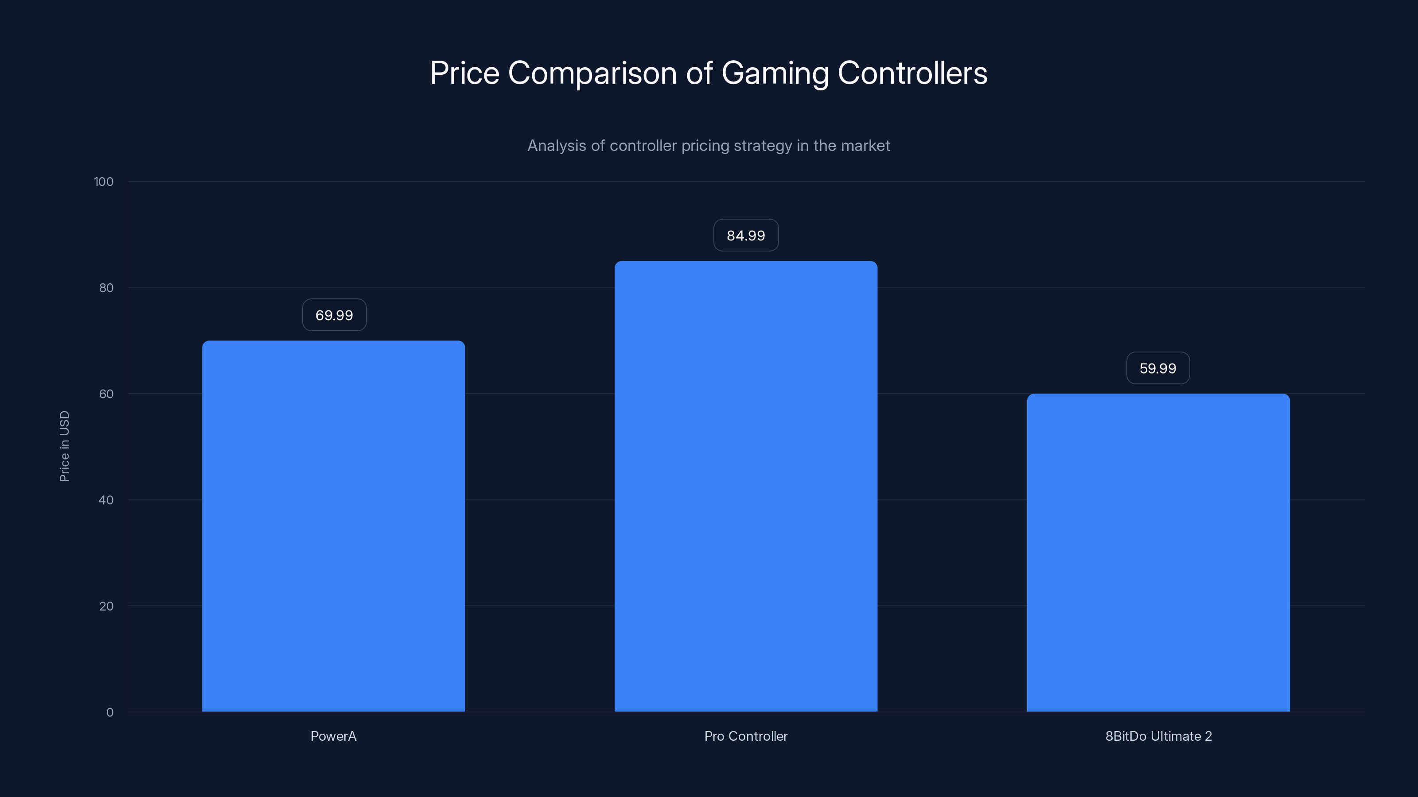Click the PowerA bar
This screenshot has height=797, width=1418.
tap(333, 526)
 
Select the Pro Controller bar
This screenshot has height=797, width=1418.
tap(745, 486)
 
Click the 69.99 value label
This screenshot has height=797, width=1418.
tap(334, 315)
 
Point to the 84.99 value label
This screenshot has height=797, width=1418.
tap(745, 236)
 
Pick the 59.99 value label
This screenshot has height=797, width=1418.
tap(1157, 368)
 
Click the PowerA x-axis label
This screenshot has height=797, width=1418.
tap(333, 736)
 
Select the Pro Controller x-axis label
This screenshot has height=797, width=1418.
tap(745, 736)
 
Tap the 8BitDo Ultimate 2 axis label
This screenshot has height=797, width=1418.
tap(1158, 736)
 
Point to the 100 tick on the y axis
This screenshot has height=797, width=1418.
tap(104, 182)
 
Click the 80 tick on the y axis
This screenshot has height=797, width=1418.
tap(106, 288)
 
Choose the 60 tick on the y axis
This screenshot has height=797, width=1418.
tap(106, 394)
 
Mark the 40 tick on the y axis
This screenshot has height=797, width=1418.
tap(106, 500)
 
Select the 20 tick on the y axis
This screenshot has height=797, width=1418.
tap(106, 606)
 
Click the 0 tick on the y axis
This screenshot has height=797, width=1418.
tap(109, 712)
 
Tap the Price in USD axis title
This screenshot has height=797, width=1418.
tap(64, 446)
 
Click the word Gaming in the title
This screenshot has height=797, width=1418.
tap(775, 73)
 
